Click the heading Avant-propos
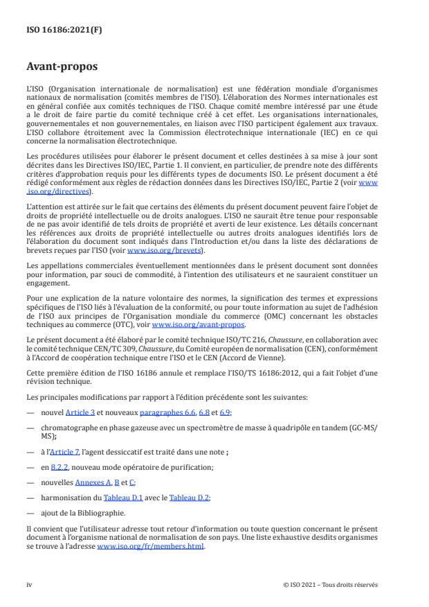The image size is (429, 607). pos(61,67)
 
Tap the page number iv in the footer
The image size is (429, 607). pos(29,584)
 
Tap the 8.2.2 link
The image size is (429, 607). pos(60,467)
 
